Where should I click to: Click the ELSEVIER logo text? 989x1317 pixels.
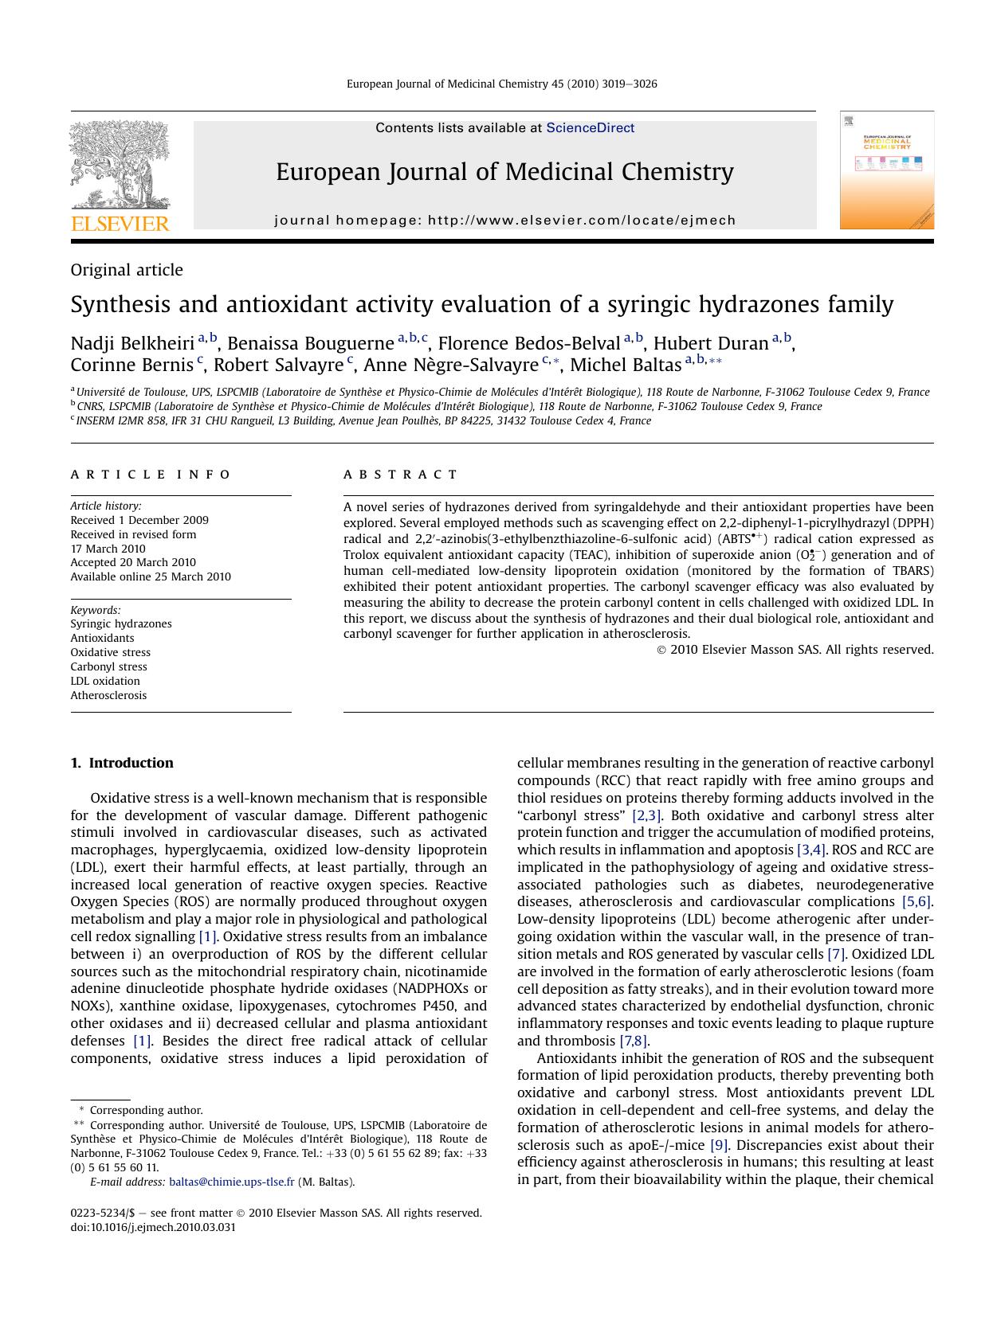click(120, 224)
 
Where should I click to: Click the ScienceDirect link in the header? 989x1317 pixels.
click(590, 127)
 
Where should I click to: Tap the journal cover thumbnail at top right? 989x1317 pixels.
click(886, 170)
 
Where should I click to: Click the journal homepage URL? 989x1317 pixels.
click(581, 221)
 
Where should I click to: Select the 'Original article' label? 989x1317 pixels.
click(127, 270)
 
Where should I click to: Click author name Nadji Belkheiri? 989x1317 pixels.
click(132, 343)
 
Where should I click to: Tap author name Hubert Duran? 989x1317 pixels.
click(710, 343)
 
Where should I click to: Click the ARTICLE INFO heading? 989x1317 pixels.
click(151, 475)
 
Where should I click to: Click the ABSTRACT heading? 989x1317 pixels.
click(400, 475)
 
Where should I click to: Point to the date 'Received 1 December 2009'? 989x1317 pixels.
click(139, 520)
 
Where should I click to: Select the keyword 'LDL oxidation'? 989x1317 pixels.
click(105, 681)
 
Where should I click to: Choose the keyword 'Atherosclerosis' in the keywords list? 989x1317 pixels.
click(108, 695)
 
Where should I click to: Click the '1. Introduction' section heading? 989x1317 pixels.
click(122, 763)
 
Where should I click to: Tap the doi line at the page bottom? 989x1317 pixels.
click(153, 1227)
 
